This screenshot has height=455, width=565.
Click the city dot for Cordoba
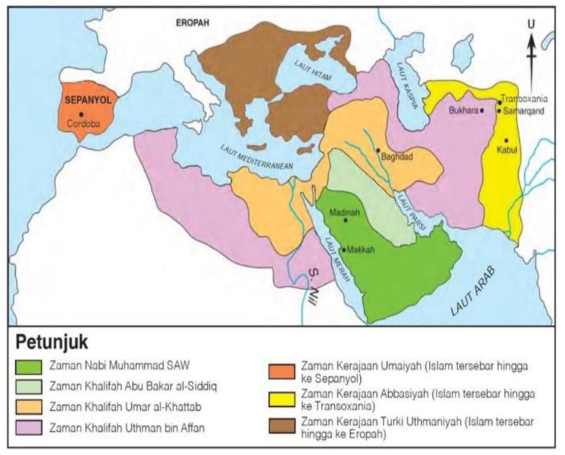(81, 114)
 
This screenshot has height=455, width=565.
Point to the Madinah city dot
(345, 220)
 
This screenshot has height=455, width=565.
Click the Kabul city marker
(506, 141)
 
